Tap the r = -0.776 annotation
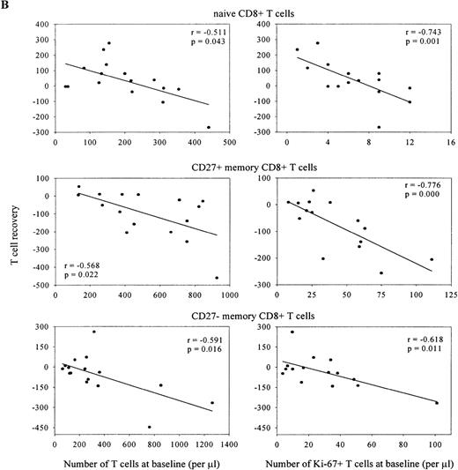421,185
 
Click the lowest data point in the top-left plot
209,127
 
